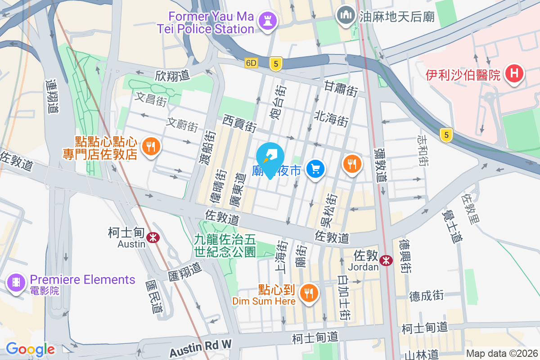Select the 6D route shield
(251, 63)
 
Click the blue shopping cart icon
(315, 169)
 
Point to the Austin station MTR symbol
(153, 235)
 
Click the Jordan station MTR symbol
(386, 260)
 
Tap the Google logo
(30, 349)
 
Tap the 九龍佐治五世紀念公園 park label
(225, 245)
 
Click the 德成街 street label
(426, 296)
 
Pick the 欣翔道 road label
(173, 75)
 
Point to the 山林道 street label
(421, 355)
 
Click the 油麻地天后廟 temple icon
(346, 16)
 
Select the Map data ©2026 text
(502, 354)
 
